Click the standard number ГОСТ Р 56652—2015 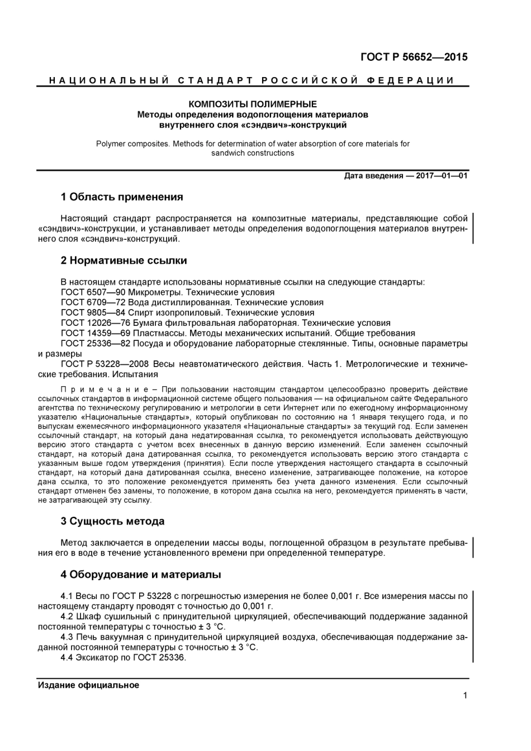pyautogui.click(x=414, y=57)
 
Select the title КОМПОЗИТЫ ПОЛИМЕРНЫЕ pyautogui.click(x=253, y=104)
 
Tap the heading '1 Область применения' pyautogui.click(x=121, y=197)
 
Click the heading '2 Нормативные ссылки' pyautogui.click(x=124, y=260)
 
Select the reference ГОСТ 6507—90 pyautogui.click(x=93, y=292)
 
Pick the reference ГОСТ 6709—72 pyautogui.click(x=93, y=302)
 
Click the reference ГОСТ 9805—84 pyautogui.click(x=93, y=312)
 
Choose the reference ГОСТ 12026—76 pyautogui.click(x=95, y=323)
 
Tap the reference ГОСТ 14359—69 pyautogui.click(x=95, y=333)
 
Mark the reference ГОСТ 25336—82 pyautogui.click(x=95, y=343)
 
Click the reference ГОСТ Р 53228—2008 pyautogui.click(x=103, y=364)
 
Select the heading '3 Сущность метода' pyautogui.click(x=112, y=521)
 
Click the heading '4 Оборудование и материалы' pyautogui.click(x=140, y=574)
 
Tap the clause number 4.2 pyautogui.click(x=67, y=616)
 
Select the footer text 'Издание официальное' pyautogui.click(x=88, y=685)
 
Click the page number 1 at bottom pyautogui.click(x=465, y=695)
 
